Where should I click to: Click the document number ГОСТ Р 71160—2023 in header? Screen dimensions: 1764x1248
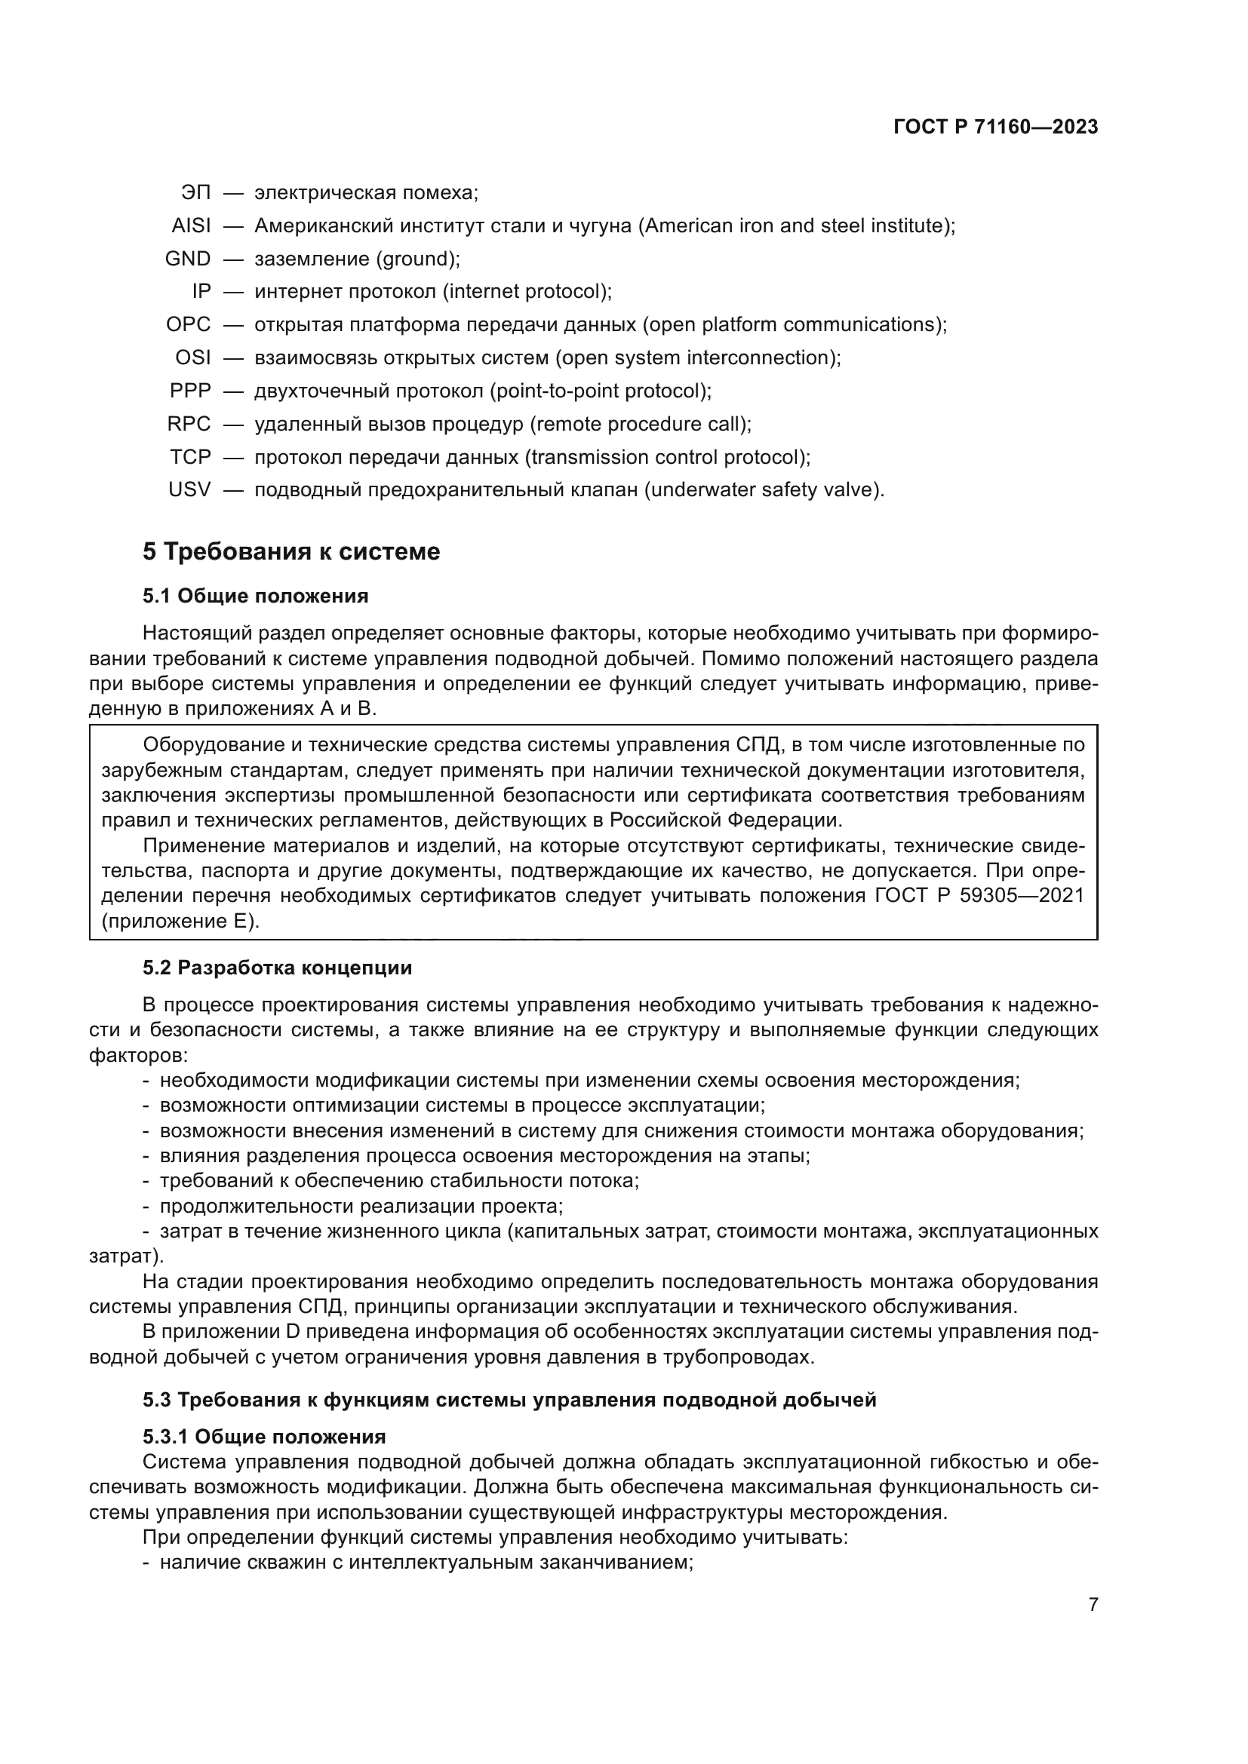click(x=996, y=127)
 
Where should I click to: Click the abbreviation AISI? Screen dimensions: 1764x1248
click(x=191, y=226)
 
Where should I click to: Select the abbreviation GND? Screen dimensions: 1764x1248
click(x=188, y=259)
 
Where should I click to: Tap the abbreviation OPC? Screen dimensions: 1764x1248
click(x=189, y=325)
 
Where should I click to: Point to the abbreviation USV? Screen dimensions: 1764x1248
click(x=189, y=490)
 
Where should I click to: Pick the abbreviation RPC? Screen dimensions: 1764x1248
click(x=189, y=424)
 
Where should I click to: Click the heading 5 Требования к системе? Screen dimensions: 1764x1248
click(x=291, y=551)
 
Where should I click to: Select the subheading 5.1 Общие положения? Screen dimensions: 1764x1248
click(x=255, y=597)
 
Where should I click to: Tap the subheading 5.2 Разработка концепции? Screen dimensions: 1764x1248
click(x=278, y=968)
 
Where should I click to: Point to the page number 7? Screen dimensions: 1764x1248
click(x=1093, y=1605)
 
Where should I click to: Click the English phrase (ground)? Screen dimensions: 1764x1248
click(x=418, y=259)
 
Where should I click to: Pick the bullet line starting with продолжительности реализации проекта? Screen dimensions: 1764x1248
click(x=361, y=1206)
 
